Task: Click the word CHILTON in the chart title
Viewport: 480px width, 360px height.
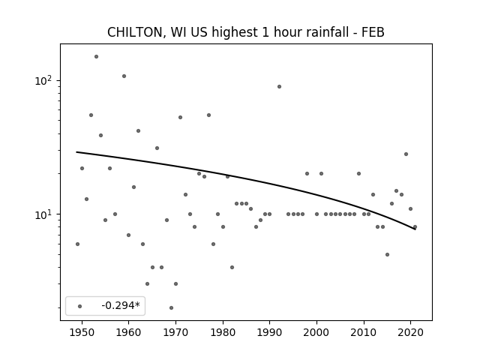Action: click(134, 32)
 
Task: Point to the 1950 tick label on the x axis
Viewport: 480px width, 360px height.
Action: click(82, 332)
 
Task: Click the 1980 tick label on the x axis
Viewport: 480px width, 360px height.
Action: click(223, 332)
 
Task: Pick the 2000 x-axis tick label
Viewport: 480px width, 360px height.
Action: click(316, 332)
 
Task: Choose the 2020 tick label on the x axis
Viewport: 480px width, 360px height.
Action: click(410, 332)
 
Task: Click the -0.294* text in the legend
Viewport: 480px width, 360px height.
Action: click(121, 305)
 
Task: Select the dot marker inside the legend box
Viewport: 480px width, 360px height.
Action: click(80, 306)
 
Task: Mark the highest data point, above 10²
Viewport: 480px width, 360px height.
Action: click(96, 57)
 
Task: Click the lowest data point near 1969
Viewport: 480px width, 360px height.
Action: click(171, 307)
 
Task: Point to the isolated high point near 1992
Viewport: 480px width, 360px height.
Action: click(279, 87)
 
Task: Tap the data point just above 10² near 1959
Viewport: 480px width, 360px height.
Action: click(124, 76)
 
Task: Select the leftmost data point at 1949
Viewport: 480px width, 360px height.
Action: click(77, 244)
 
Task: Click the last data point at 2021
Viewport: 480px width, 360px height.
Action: click(415, 226)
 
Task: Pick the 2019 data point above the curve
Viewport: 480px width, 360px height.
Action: click(406, 154)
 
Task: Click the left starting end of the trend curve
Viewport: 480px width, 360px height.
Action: click(76, 151)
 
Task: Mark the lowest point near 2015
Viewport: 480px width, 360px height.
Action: click(387, 255)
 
